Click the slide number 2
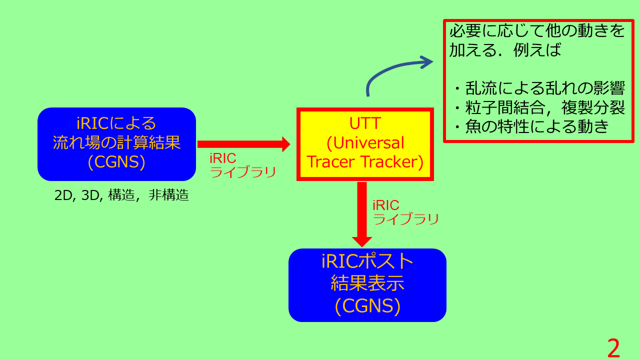tap(613, 347)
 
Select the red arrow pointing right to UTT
tap(243, 144)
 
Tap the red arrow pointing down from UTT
tap(362, 214)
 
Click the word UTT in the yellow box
tap(365, 123)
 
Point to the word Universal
tap(368, 143)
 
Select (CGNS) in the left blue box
tap(116, 162)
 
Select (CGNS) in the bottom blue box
tap(367, 306)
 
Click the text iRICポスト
tap(367, 261)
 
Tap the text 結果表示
tap(367, 283)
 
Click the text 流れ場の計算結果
tap(116, 142)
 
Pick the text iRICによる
tap(116, 123)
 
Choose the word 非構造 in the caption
tap(169, 195)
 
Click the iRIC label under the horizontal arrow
tap(223, 158)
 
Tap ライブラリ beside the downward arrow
tap(405, 219)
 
